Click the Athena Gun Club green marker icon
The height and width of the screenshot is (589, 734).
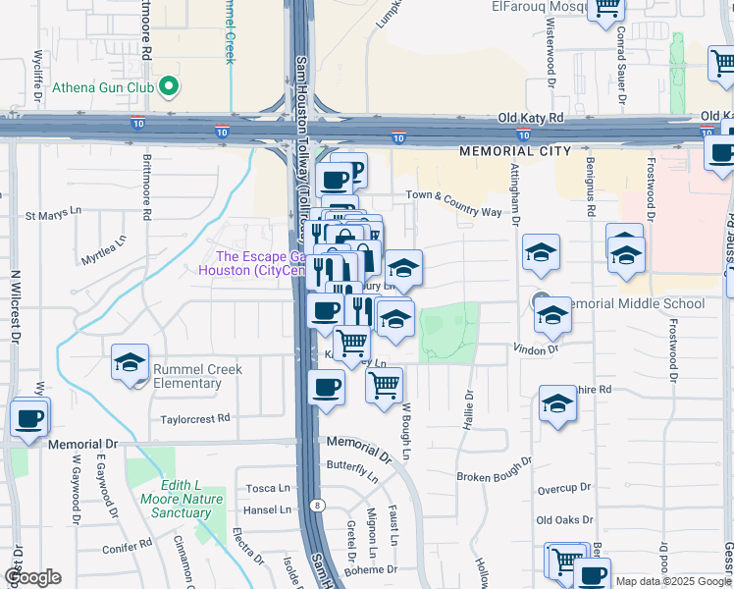tap(169, 87)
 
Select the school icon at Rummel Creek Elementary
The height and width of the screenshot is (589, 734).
tap(130, 362)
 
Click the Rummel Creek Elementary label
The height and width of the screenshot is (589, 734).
tap(200, 376)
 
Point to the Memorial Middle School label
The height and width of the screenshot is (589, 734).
tap(635, 303)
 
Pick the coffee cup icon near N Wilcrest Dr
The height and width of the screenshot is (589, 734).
tap(28, 418)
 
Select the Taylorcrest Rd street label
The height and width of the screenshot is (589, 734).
tap(196, 418)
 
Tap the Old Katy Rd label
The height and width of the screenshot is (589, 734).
tap(531, 118)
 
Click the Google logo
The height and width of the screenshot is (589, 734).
tap(31, 577)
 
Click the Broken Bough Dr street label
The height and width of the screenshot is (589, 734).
tap(494, 469)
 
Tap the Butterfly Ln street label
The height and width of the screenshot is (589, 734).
tap(352, 470)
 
